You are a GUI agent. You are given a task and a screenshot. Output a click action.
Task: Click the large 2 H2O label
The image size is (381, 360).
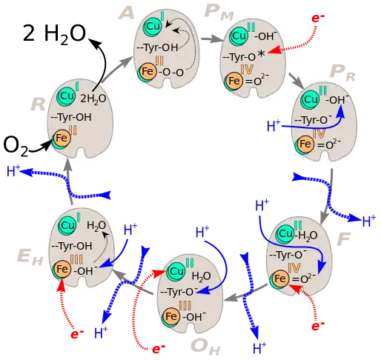click(54, 34)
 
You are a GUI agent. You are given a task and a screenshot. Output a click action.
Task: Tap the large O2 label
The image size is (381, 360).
click(16, 145)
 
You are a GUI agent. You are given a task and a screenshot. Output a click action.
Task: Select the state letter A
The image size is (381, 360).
click(126, 13)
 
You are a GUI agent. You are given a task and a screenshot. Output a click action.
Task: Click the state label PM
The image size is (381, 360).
click(219, 12)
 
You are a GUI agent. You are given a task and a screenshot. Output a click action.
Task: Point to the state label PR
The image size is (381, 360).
click(342, 73)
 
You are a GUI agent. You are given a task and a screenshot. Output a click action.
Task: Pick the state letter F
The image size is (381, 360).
click(344, 239)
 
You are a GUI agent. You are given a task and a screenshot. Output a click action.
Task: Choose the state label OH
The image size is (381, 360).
click(205, 347)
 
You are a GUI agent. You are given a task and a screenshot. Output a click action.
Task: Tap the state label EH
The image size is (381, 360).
click(30, 257)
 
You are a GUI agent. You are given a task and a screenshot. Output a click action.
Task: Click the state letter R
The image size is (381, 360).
click(38, 104)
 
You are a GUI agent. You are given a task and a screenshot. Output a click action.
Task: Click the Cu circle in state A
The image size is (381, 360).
click(153, 26)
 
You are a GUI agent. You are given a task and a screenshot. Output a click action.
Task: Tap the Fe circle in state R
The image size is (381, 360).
click(62, 138)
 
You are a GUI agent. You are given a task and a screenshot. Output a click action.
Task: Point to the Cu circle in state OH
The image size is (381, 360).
click(176, 272)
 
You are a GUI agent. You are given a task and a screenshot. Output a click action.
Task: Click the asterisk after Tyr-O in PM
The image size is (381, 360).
click(261, 55)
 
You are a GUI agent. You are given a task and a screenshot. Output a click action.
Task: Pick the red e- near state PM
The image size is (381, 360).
click(318, 19)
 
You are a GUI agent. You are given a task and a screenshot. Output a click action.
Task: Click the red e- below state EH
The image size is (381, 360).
click(77, 334)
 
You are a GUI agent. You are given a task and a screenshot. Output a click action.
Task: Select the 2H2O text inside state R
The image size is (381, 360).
click(93, 99)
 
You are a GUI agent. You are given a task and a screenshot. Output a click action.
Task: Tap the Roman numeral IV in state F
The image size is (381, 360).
click(294, 267)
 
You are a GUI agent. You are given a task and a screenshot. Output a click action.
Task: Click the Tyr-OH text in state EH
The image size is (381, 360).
click(72, 246)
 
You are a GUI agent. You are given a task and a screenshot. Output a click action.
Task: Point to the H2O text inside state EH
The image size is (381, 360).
click(96, 226)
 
